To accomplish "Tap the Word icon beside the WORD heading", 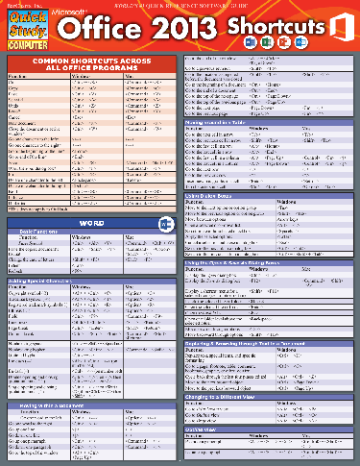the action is click(163, 224).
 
